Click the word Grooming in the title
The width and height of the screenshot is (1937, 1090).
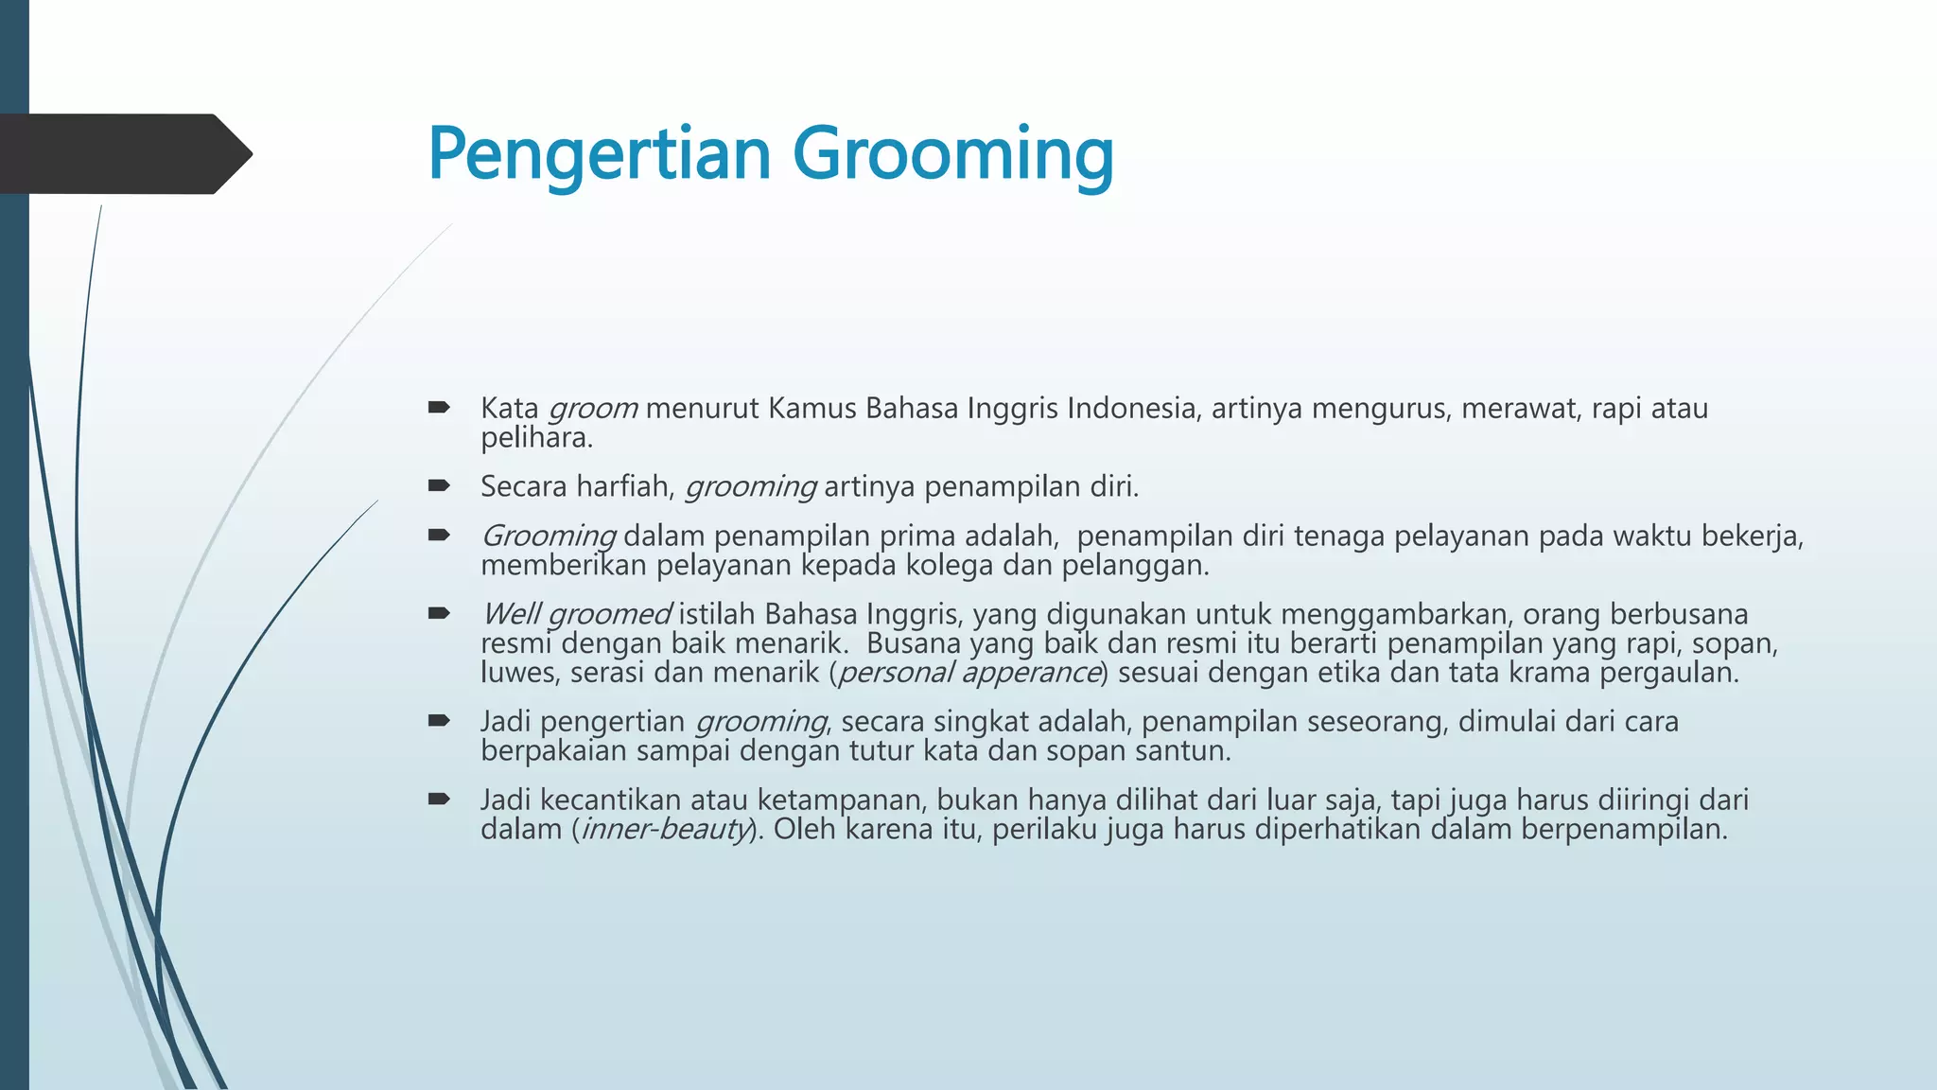952,154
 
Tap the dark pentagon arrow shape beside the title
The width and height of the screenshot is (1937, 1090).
123,154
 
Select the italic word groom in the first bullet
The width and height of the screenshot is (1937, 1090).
593,409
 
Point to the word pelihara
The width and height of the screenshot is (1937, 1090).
535,438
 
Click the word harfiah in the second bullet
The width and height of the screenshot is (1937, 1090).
623,486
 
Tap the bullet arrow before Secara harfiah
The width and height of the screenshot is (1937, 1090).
438,486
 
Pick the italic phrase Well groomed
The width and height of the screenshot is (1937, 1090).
576,614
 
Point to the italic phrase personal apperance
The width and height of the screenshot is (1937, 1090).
969,673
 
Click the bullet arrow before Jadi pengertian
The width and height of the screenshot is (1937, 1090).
438,721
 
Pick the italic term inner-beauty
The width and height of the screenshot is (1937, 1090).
666,830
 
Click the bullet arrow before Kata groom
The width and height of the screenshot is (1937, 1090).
438,408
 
